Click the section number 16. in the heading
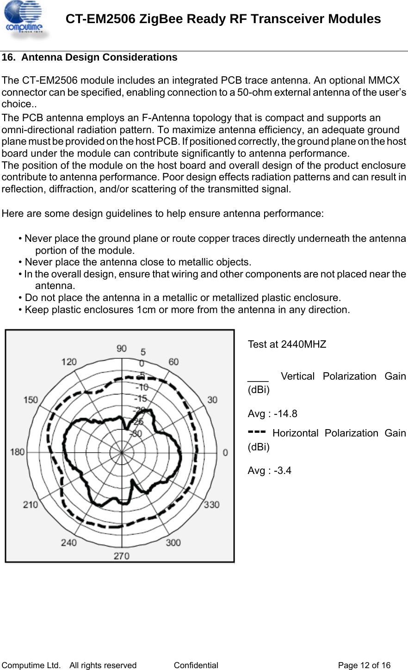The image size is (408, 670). (9, 57)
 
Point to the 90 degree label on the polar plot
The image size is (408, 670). (122, 349)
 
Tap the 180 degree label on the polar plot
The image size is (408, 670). (18, 452)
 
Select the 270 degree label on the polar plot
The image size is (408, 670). (122, 556)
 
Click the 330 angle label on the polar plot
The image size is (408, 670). (212, 504)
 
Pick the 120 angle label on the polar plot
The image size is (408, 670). (69, 362)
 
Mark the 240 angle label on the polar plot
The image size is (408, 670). (69, 542)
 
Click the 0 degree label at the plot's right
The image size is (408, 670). (225, 453)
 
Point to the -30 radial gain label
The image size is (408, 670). (136, 434)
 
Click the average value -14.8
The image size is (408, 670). (285, 414)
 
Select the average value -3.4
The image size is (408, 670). (283, 471)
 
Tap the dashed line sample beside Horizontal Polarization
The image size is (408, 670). (257, 431)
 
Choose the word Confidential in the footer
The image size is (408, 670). (196, 665)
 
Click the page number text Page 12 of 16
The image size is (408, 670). (365, 665)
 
